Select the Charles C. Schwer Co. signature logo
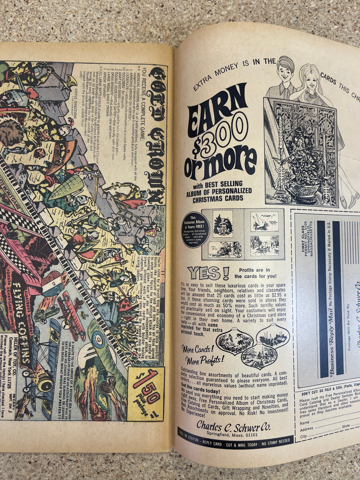pos(233,426)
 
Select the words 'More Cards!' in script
pos(197,349)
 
